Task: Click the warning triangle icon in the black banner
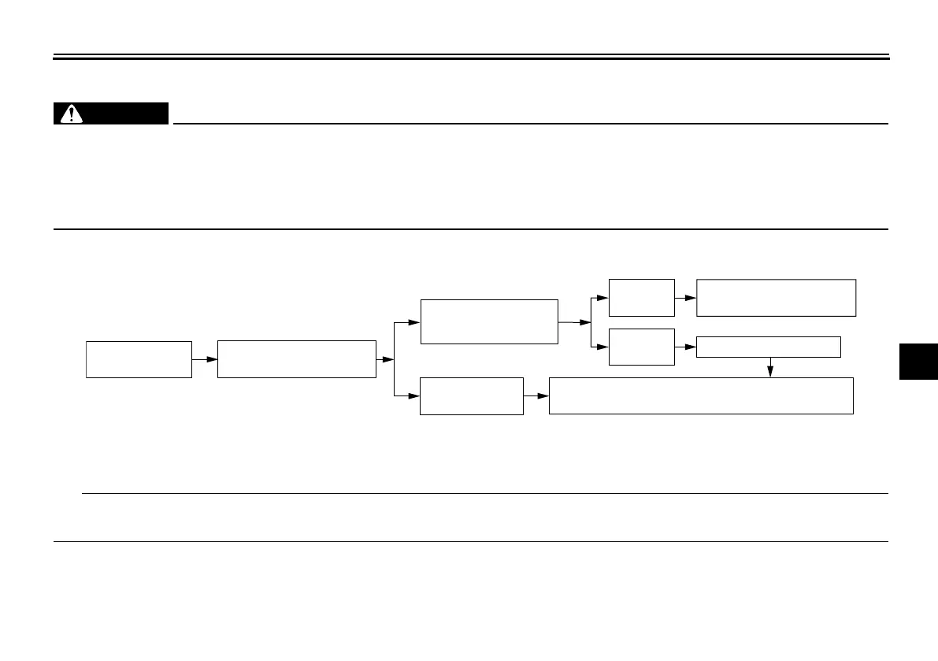(72, 114)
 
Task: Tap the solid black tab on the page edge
(918, 362)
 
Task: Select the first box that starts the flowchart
(139, 359)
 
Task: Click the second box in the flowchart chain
(296, 359)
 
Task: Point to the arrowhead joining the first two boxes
(211, 359)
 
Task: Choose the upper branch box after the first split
(489, 321)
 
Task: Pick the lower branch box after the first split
(472, 395)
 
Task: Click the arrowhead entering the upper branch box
(414, 322)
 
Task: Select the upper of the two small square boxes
(642, 298)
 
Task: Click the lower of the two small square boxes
(642, 347)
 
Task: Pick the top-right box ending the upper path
(777, 297)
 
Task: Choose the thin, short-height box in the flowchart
(769, 347)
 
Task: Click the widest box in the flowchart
(701, 395)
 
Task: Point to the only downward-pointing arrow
(770, 372)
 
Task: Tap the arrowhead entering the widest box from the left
(543, 395)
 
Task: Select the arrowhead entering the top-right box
(691, 298)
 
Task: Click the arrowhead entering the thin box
(691, 347)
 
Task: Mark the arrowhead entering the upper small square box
(603, 298)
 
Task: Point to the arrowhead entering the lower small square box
(603, 347)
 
